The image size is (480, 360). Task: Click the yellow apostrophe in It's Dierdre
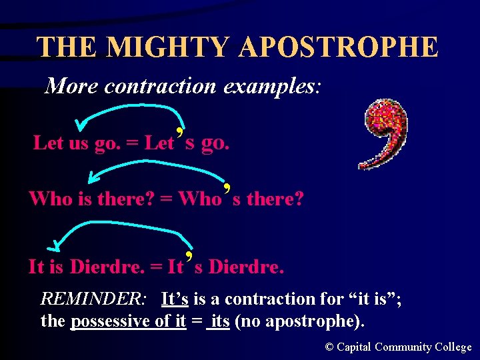[x=189, y=257]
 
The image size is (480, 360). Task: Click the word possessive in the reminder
[x=111, y=321]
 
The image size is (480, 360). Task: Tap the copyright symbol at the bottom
[x=329, y=347]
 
